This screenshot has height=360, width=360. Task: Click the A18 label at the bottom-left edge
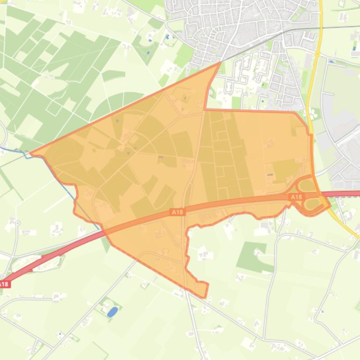click(x=4, y=284)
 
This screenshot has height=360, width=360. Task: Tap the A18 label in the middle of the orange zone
click(x=178, y=212)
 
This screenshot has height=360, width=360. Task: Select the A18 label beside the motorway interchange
click(x=296, y=197)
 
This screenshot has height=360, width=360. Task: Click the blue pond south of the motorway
click(x=112, y=312)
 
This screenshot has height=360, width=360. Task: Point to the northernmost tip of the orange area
click(x=220, y=63)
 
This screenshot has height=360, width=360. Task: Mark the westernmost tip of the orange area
click(x=31, y=153)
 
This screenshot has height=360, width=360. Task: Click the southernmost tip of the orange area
click(x=205, y=297)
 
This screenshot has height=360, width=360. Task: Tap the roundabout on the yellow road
click(x=317, y=54)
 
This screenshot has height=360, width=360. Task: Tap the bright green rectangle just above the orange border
click(x=236, y=102)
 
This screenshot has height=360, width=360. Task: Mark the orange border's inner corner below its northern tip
click(x=206, y=109)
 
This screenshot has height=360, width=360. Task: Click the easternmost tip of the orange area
click(x=330, y=204)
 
